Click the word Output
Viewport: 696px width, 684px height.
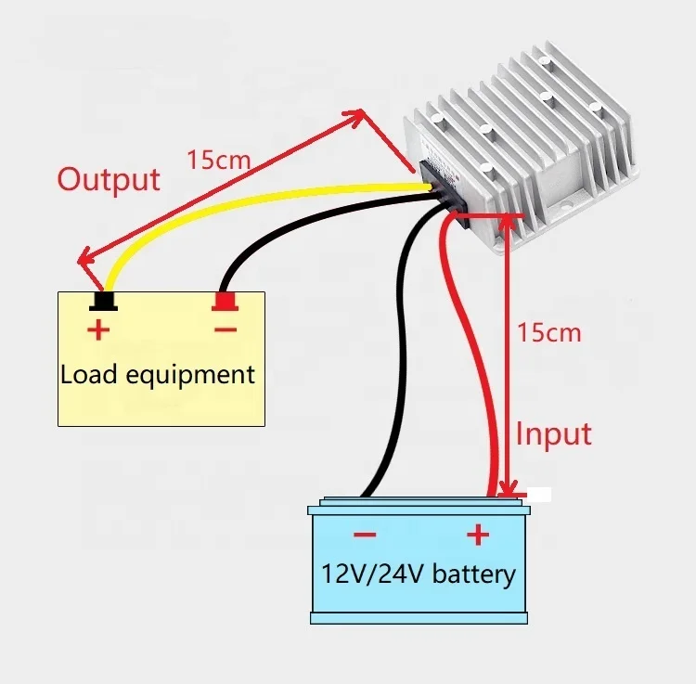click(109, 178)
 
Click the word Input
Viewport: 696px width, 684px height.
click(553, 433)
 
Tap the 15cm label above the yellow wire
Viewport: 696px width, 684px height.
click(218, 158)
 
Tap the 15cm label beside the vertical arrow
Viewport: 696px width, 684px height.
click(550, 331)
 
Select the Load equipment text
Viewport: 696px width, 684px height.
click(157, 375)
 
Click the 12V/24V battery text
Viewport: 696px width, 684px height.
click(418, 573)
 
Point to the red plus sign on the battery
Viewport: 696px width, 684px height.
click(476, 535)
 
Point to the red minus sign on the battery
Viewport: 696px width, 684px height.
click(364, 535)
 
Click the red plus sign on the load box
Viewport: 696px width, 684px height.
click(97, 329)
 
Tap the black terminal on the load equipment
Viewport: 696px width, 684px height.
click(102, 302)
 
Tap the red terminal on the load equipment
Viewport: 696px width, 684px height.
click(225, 302)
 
